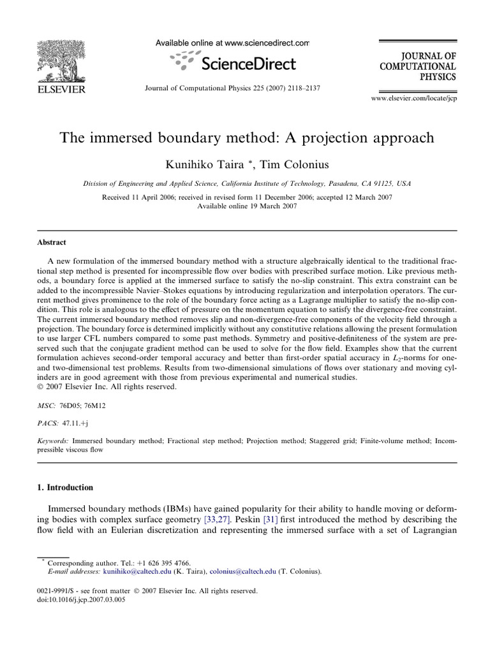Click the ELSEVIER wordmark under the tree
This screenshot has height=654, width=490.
(x=61, y=90)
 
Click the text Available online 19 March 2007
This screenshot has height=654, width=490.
(x=247, y=206)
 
